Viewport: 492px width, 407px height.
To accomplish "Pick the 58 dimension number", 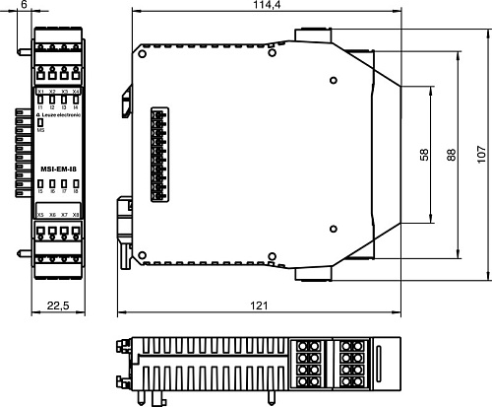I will point(423,155).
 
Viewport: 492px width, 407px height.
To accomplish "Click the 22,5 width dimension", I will point(58,305).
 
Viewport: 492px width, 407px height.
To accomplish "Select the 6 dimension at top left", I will point(23,6).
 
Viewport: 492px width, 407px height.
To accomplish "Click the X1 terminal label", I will point(40,92).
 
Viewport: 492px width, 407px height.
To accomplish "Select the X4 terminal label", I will point(76,92).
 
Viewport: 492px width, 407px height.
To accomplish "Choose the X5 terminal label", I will point(40,214).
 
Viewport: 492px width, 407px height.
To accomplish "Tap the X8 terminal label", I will point(76,214).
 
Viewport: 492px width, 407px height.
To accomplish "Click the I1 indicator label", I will point(40,106).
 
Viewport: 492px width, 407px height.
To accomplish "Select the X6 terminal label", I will point(52,214).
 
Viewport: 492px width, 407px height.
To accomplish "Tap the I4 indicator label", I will point(76,106).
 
